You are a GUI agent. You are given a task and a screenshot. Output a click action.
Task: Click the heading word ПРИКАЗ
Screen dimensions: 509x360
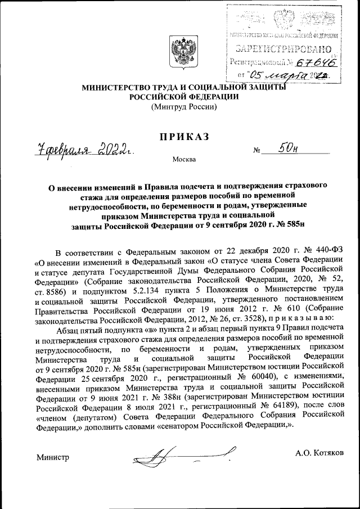point(179,137)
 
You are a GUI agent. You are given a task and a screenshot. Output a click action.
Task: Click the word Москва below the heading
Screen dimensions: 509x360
point(184,160)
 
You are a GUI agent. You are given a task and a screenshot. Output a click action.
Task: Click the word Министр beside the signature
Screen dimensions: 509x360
point(52,457)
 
